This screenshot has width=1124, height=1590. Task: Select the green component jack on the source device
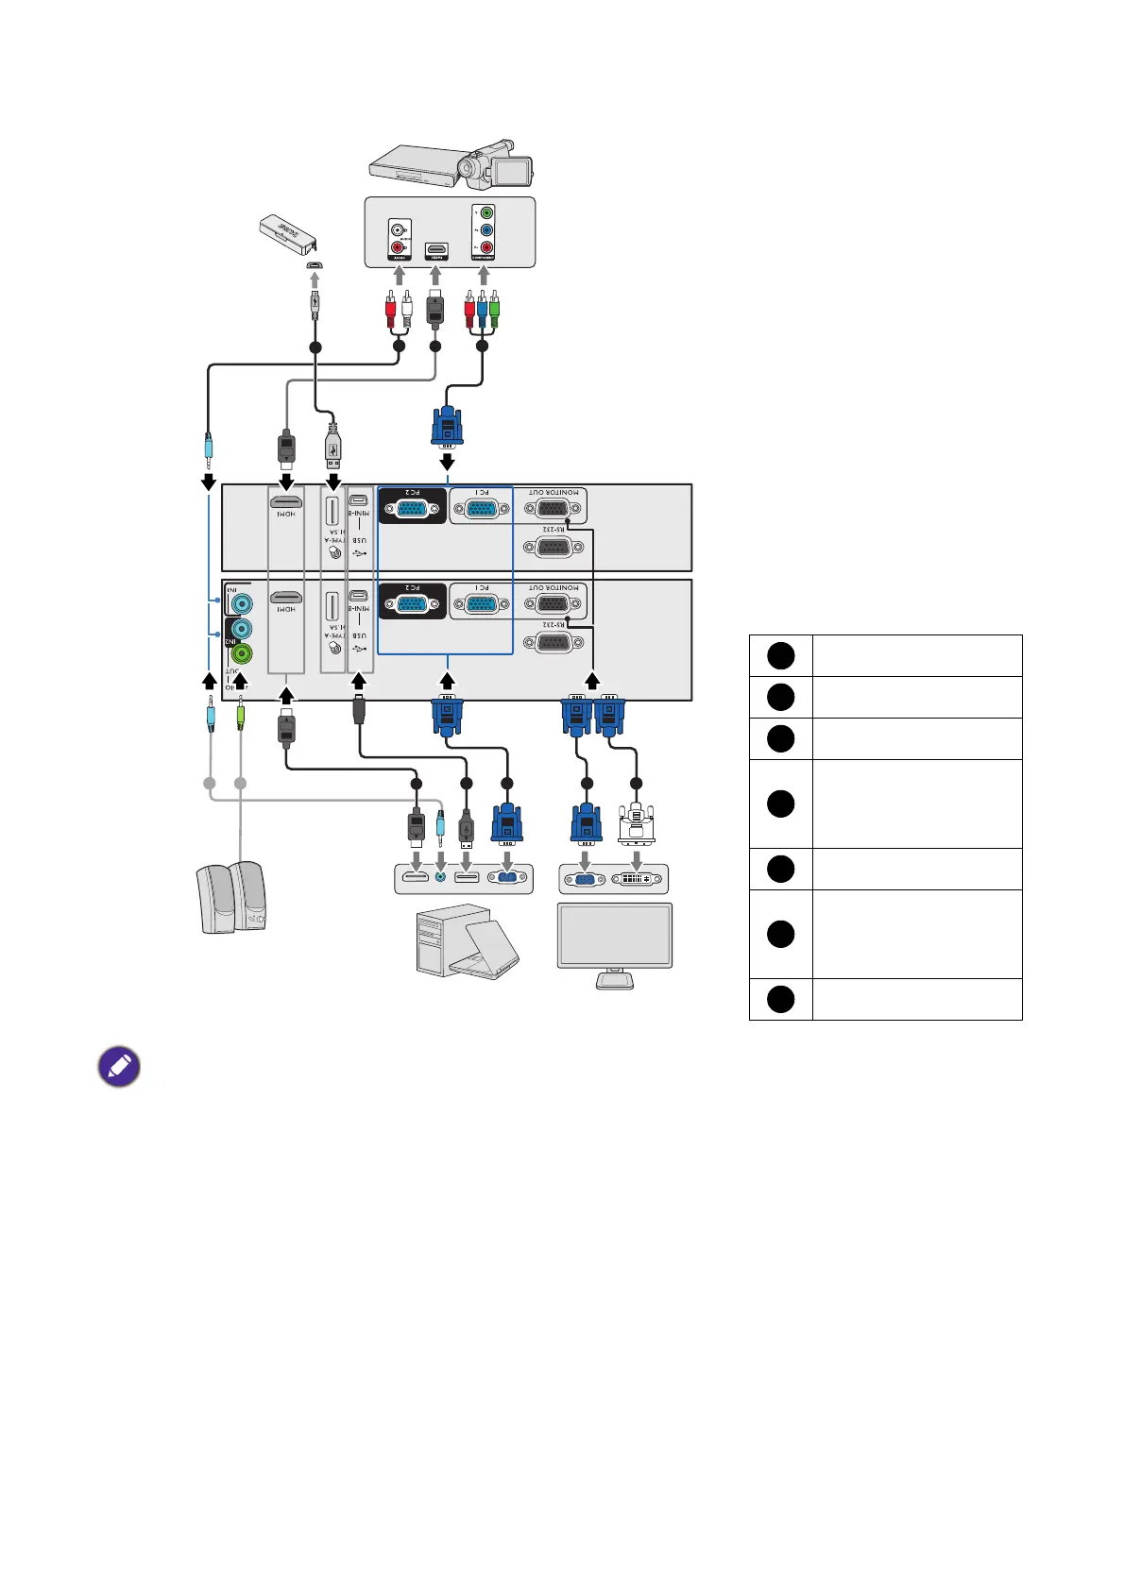(x=485, y=213)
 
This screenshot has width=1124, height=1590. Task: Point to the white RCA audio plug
(x=407, y=311)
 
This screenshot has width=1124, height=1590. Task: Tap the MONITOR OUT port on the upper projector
(x=553, y=509)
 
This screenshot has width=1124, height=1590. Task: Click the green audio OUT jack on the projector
(x=242, y=653)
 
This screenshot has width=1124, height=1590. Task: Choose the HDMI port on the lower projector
(x=286, y=598)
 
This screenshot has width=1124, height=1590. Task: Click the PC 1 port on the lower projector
(x=481, y=604)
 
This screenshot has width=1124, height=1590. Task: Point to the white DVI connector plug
(x=636, y=822)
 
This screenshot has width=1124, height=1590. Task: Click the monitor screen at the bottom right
(x=615, y=935)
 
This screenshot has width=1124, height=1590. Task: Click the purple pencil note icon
(x=119, y=1067)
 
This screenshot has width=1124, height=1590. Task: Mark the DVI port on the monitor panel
(x=635, y=880)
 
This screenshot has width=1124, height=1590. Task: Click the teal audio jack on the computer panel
(x=440, y=878)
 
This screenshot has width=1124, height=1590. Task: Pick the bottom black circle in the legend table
(x=780, y=999)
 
